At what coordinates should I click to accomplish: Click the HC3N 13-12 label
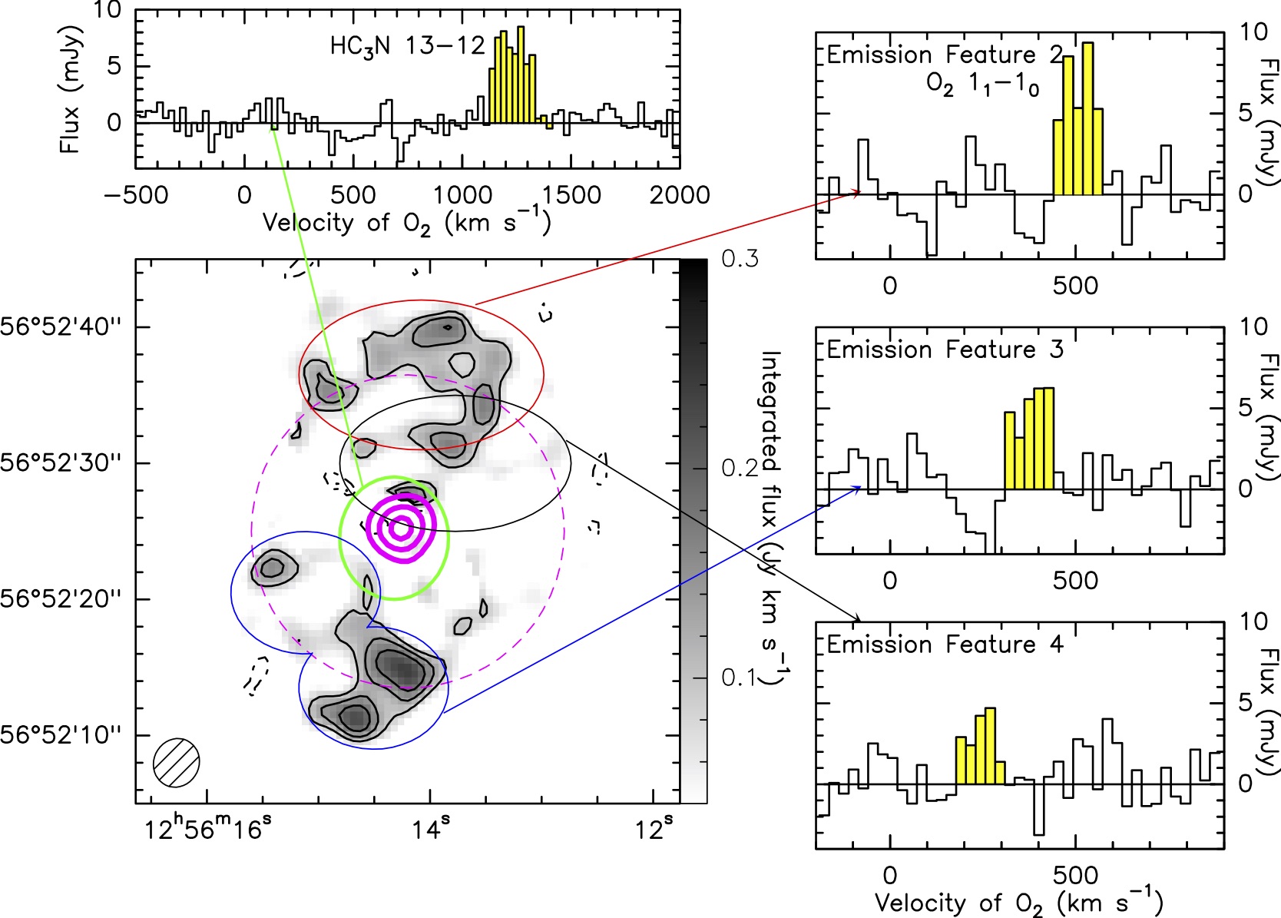(407, 46)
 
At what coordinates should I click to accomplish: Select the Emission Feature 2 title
(945, 55)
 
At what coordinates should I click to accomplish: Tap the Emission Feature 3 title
(945, 350)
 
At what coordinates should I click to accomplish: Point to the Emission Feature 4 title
(945, 645)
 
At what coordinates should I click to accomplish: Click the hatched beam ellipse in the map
(177, 762)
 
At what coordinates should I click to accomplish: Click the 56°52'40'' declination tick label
(61, 327)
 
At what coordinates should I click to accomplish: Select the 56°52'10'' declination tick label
(61, 735)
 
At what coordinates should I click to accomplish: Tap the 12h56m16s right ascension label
(208, 829)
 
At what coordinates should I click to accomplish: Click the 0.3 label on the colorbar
(740, 259)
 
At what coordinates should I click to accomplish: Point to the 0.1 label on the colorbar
(740, 678)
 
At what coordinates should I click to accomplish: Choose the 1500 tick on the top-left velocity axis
(571, 195)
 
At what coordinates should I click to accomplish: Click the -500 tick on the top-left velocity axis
(136, 195)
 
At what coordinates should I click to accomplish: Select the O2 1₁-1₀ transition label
(983, 85)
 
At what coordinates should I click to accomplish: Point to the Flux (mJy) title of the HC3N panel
(71, 90)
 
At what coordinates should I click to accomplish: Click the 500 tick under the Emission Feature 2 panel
(1075, 287)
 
